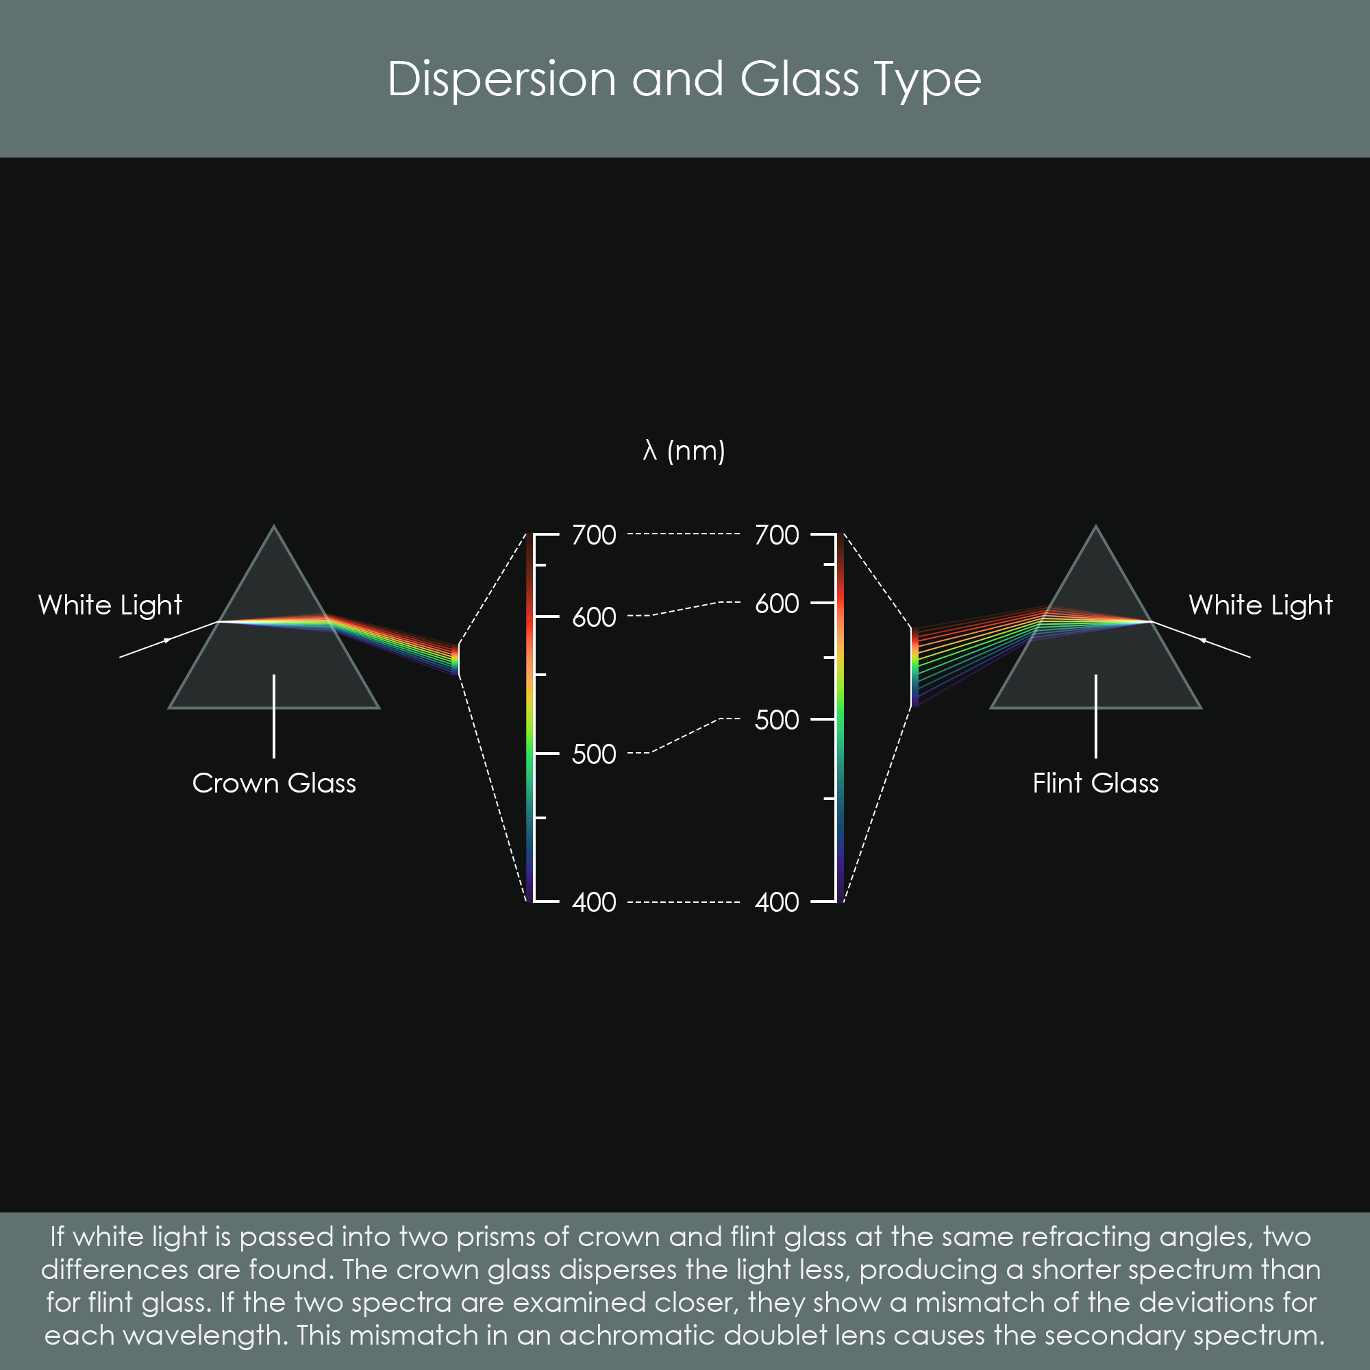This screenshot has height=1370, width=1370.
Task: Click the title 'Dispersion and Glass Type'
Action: pos(684,79)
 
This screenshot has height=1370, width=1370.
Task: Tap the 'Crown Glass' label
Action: pos(274,783)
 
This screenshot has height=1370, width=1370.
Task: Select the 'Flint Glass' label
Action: pos(1095,783)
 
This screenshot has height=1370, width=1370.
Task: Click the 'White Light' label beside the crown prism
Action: pos(110,605)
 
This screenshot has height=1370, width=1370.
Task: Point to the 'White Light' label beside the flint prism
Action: pos(1261,605)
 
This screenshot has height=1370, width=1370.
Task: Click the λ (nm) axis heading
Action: pos(684,451)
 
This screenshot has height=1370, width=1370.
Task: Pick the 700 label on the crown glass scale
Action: pos(594,535)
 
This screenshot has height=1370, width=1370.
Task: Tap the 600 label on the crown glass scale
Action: pos(594,617)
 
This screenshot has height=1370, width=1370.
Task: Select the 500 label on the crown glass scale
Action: pos(594,754)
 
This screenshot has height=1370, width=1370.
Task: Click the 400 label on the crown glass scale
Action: pos(594,902)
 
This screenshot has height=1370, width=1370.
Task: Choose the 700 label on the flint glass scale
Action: pos(777,535)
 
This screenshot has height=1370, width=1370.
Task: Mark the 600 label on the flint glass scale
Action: pos(777,603)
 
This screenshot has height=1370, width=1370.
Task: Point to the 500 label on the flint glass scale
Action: pos(777,720)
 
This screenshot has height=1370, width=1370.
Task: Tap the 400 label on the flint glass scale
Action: pos(777,902)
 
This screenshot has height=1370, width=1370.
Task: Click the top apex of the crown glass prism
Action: pos(275,526)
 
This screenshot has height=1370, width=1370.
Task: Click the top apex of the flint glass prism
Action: pos(1095,526)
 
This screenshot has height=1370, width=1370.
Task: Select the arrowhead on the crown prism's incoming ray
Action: pos(168,640)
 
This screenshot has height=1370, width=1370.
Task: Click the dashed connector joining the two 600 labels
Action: pos(684,609)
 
